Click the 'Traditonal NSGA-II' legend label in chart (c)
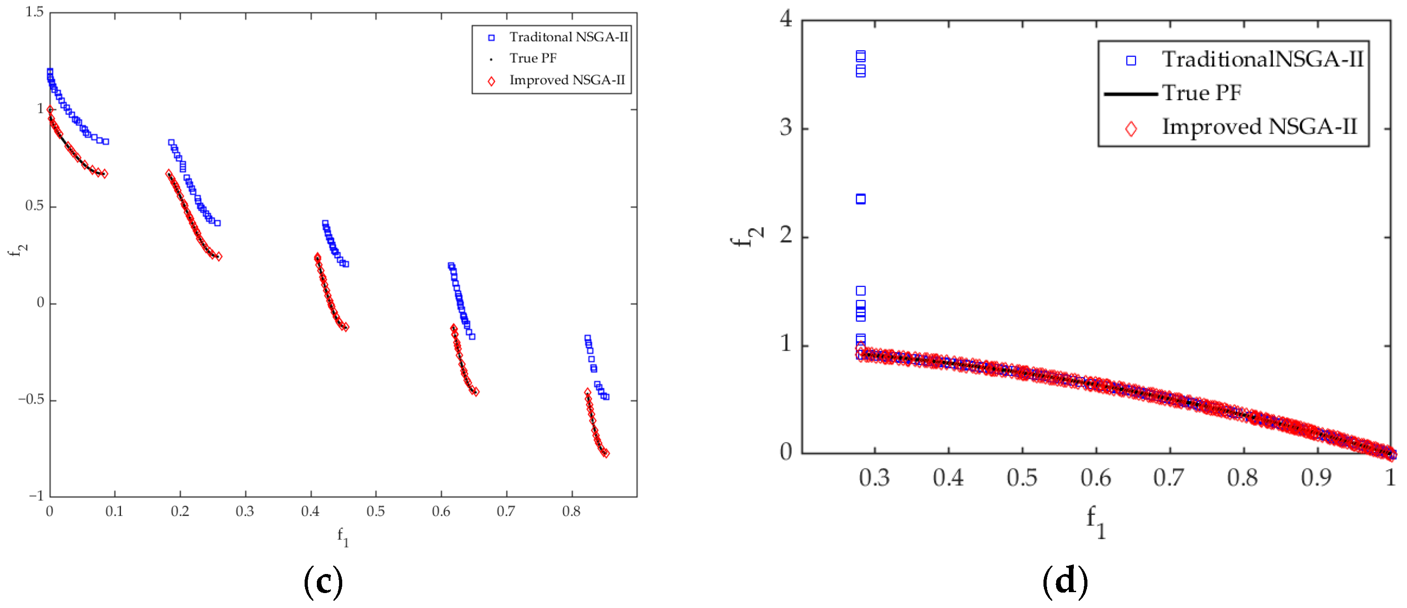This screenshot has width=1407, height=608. click(x=568, y=37)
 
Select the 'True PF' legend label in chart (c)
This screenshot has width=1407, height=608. click(x=533, y=58)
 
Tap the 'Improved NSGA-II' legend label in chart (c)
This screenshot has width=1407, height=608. click(x=567, y=80)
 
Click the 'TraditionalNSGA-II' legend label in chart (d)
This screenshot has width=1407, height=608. click(x=1261, y=59)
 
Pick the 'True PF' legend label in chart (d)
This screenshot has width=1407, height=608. click(x=1201, y=93)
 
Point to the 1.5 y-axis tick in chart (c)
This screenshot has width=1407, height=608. click(x=34, y=12)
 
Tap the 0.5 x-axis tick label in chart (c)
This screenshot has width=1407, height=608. click(x=375, y=511)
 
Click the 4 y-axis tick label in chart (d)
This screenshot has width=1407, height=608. click(x=786, y=19)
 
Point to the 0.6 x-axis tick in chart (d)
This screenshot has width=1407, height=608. click(x=1096, y=478)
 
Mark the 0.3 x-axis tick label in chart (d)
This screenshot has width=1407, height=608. click(x=874, y=478)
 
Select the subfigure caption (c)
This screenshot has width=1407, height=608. click(x=323, y=582)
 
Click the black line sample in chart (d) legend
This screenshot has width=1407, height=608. click(x=1130, y=94)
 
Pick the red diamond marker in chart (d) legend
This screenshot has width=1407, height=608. click(x=1131, y=129)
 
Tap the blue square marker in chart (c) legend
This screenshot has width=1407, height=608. click(x=491, y=38)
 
